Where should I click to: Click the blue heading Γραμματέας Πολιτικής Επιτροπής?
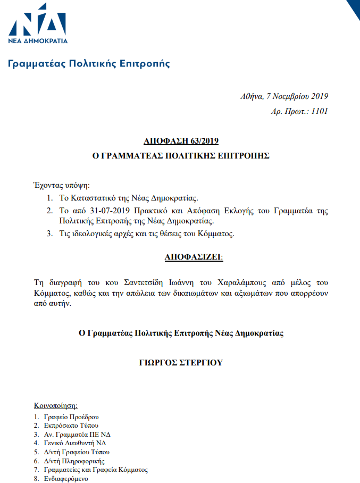pyautogui.click(x=89, y=64)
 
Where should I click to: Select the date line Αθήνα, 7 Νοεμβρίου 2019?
pyautogui.click(x=284, y=96)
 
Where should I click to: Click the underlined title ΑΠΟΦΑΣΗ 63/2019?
pyautogui.click(x=181, y=141)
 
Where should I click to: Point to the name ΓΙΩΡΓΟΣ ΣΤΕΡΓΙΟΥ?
pyautogui.click(x=181, y=363)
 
